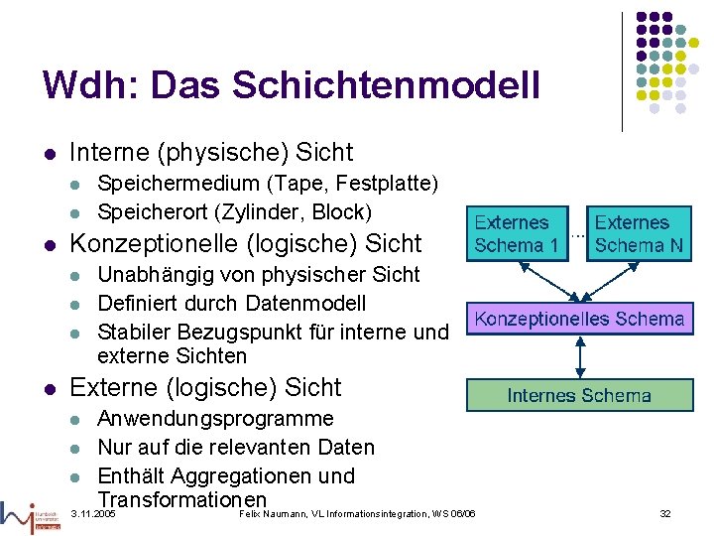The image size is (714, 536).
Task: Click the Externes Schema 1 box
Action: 511,234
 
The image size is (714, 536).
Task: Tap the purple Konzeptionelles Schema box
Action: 579,319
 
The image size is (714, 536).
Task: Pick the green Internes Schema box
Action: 579,395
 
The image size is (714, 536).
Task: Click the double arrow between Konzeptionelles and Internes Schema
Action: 579,356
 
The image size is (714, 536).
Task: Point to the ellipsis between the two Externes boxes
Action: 575,234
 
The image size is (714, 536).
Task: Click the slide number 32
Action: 665,513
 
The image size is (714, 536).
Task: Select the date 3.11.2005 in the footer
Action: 94,514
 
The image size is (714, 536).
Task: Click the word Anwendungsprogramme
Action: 215,419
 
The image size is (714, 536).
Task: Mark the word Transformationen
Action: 182,499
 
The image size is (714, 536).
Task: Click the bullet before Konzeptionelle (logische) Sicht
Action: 49,244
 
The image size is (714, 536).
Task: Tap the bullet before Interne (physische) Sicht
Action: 49,154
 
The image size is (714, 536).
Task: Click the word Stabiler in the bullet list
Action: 135,332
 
